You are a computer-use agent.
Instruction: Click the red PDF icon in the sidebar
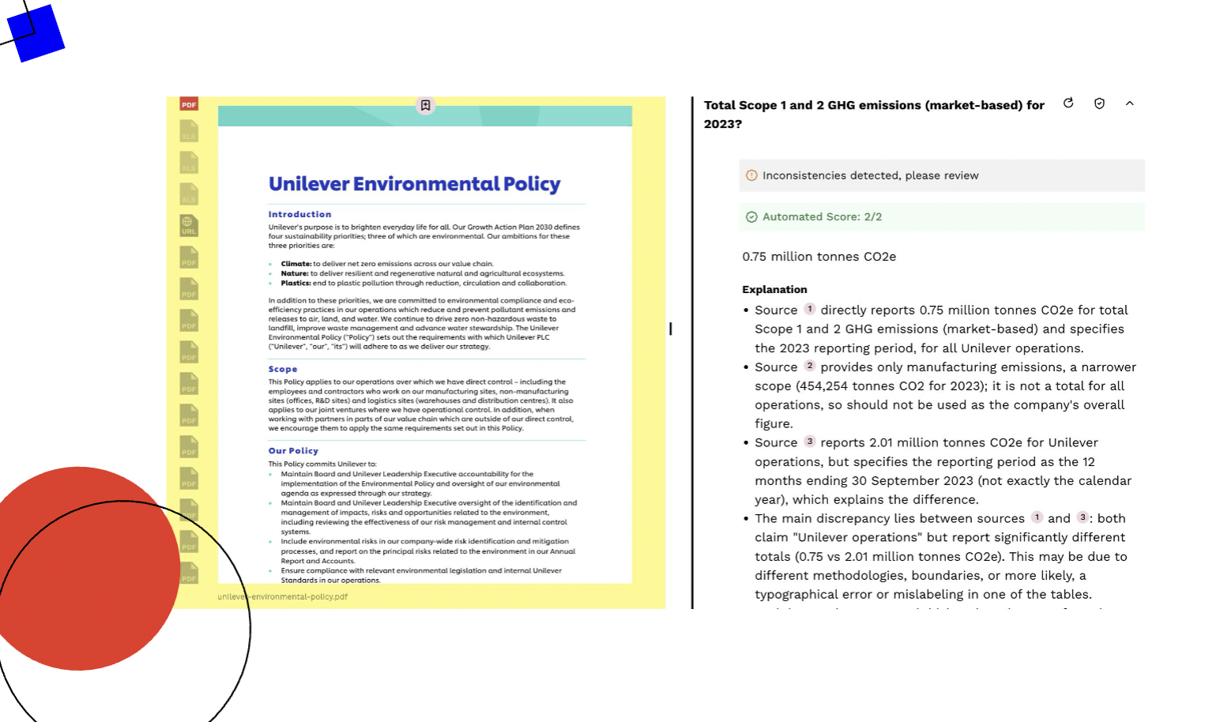click(189, 104)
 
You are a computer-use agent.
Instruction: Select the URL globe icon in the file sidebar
click(188, 225)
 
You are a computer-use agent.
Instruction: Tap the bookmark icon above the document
click(425, 105)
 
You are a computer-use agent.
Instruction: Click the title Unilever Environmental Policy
click(414, 184)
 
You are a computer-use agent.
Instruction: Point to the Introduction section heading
click(299, 214)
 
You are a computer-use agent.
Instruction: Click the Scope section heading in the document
click(283, 369)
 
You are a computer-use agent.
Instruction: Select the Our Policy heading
click(293, 451)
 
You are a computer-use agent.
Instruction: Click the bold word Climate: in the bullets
click(296, 264)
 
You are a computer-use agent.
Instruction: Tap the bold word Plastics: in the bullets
click(296, 283)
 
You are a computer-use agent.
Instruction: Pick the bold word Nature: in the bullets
click(295, 273)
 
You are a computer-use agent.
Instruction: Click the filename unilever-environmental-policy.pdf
click(282, 596)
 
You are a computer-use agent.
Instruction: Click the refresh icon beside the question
click(1068, 103)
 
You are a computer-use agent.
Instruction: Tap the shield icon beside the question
click(1099, 103)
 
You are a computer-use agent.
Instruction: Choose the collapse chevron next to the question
click(1130, 103)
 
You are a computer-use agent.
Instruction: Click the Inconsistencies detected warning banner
click(869, 175)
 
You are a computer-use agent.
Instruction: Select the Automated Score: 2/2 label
click(822, 216)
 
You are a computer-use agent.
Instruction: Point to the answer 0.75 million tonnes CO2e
click(819, 257)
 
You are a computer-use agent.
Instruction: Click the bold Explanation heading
click(774, 289)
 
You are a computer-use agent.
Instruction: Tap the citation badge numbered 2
click(809, 366)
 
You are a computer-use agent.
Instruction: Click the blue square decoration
click(36, 33)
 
